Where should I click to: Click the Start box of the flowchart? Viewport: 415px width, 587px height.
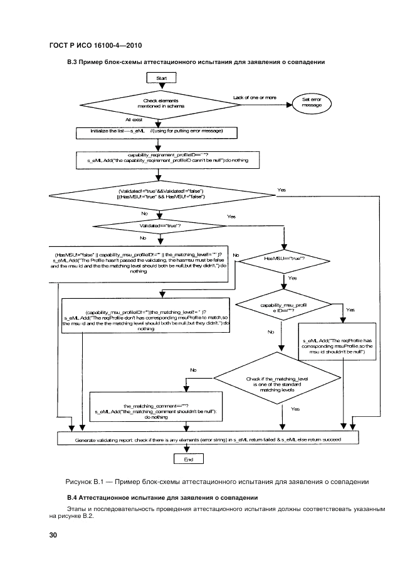click(x=160, y=77)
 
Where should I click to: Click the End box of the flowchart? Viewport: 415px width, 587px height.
click(x=187, y=459)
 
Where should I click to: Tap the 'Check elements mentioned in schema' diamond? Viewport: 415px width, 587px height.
click(x=160, y=104)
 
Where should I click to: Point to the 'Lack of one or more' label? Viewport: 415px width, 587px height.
click(x=255, y=97)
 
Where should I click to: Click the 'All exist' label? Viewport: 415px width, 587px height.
click(x=134, y=119)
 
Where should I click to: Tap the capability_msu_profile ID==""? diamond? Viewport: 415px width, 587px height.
click(x=285, y=308)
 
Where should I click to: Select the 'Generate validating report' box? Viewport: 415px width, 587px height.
click(x=208, y=440)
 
